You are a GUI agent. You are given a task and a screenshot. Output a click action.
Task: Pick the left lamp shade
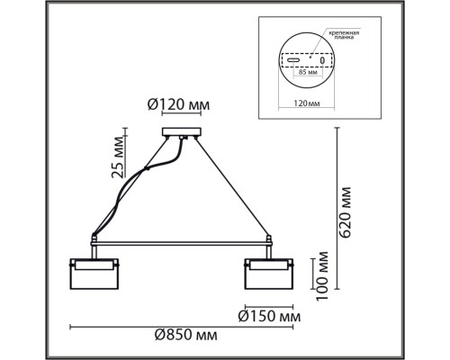[93, 273]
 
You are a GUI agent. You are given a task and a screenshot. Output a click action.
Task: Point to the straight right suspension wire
[229, 185]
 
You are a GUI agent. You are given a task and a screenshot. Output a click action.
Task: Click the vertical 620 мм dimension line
[335, 207]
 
